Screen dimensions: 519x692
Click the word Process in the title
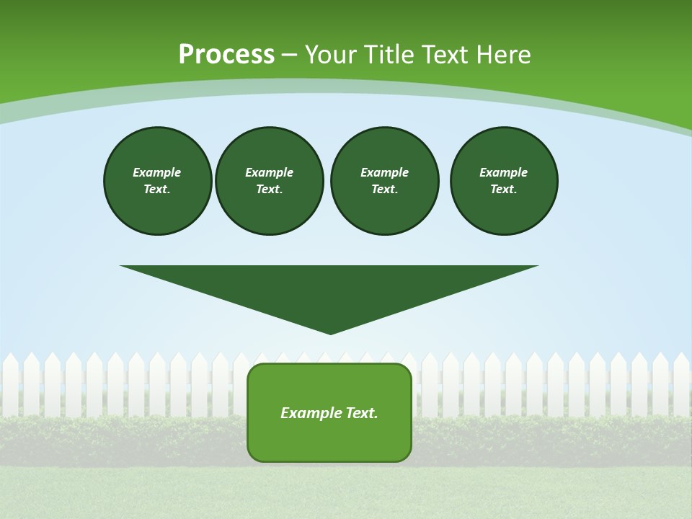pyautogui.click(x=226, y=55)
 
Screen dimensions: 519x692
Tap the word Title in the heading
pyautogui.click(x=392, y=55)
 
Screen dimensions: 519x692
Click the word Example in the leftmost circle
pyautogui.click(x=157, y=172)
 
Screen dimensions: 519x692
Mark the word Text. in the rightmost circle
pyautogui.click(x=504, y=190)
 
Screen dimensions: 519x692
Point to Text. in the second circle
pyautogui.click(x=270, y=190)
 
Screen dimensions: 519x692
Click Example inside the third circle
pyautogui.click(x=384, y=172)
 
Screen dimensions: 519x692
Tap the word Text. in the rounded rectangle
pyautogui.click(x=363, y=413)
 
